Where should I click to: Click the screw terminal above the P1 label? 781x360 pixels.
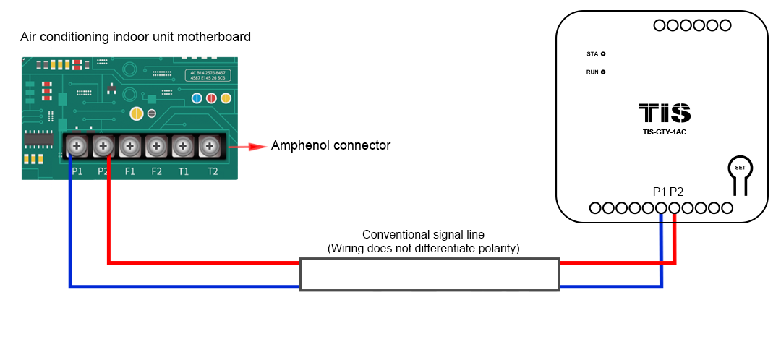click(x=76, y=147)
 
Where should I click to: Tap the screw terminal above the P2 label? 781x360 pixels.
click(x=103, y=147)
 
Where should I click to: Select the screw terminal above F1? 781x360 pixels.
click(x=129, y=147)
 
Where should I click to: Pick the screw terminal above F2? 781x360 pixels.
click(x=156, y=147)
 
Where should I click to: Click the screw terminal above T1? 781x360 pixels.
click(x=183, y=147)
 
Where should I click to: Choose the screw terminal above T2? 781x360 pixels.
click(x=210, y=147)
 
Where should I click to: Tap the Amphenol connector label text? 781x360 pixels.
click(x=330, y=146)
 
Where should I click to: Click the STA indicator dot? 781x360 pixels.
click(x=603, y=54)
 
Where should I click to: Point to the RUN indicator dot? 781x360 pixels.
click(x=603, y=72)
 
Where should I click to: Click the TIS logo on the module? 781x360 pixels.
click(x=664, y=113)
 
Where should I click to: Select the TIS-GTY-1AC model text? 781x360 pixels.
click(x=664, y=132)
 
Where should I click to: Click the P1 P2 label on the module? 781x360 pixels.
click(x=667, y=192)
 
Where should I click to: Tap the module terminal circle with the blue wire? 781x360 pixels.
click(x=662, y=208)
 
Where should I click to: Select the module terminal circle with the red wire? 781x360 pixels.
click(x=675, y=208)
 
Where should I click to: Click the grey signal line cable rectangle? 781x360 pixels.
click(x=429, y=275)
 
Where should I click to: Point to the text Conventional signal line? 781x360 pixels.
click(x=423, y=235)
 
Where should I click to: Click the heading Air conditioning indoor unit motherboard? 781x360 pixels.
click(x=136, y=37)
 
